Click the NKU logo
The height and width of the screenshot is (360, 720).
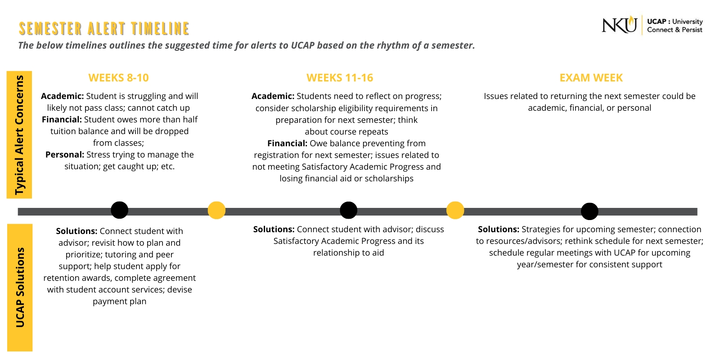[x=620, y=25]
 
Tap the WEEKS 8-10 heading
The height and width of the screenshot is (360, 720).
[x=118, y=78]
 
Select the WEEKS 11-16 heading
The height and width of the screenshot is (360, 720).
[x=340, y=78]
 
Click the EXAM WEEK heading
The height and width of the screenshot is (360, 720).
[x=591, y=78]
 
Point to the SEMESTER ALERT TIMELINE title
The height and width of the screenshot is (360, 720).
[x=104, y=28]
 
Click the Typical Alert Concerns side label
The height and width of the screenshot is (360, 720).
[x=19, y=135]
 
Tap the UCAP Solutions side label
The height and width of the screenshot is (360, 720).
[x=20, y=287]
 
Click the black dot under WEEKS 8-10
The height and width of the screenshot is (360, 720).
[x=119, y=210]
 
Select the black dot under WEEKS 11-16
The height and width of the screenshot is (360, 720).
[x=348, y=210]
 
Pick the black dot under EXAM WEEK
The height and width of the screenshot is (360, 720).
[x=589, y=211]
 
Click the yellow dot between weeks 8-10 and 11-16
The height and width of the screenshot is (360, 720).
[x=216, y=210]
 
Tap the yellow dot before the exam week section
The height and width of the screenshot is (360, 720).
[x=455, y=210]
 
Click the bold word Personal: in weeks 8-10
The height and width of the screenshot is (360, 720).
[x=65, y=155]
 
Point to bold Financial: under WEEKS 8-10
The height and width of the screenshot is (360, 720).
[x=62, y=120]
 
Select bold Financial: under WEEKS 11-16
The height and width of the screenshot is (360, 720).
[x=287, y=144]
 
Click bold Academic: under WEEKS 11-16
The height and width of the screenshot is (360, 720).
[x=273, y=96]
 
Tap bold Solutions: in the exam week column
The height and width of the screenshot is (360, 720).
[x=498, y=229]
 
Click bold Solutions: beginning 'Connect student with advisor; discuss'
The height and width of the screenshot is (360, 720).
[x=274, y=229]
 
